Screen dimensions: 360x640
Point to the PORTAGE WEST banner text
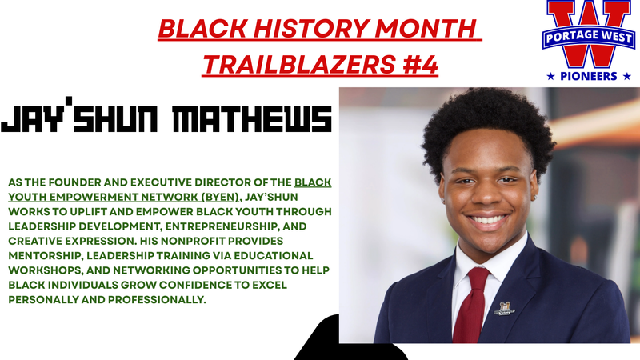coord(588,39)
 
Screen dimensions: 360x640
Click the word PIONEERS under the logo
coord(588,76)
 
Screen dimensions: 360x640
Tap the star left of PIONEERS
coord(550,76)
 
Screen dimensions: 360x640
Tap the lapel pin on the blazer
coord(504,307)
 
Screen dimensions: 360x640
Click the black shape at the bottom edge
coord(344,340)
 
